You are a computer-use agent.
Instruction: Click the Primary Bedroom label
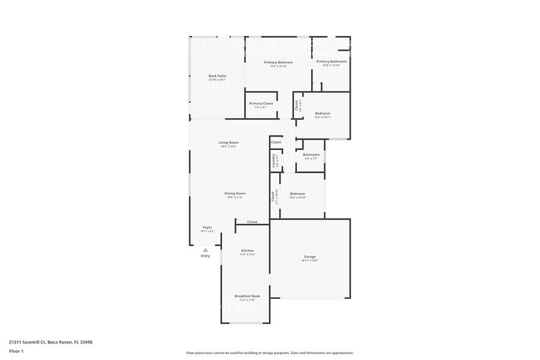coord(278,62)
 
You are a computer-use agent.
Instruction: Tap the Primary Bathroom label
coord(331,62)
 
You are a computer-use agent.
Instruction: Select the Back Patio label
coord(217,76)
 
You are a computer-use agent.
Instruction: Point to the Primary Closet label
coord(261,103)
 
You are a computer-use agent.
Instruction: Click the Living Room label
coord(228,143)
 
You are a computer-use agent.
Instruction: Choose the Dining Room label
coord(236,193)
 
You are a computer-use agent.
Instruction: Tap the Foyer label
coord(207,227)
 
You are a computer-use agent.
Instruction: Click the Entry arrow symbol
coord(205,250)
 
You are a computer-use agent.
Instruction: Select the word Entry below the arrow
coord(205,256)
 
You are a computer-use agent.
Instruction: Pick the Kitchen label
coord(247,250)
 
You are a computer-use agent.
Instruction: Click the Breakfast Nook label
coord(247,296)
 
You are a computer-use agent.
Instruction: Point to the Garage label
coord(310,257)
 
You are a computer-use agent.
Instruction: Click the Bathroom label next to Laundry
coord(311,155)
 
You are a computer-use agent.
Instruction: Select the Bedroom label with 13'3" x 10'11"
coord(323,113)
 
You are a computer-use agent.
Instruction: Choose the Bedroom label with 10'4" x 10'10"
coord(298,193)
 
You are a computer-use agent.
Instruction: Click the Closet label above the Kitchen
coord(252,222)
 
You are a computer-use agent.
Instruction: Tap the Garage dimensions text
coord(310,261)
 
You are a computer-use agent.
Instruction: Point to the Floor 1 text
coord(16,351)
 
